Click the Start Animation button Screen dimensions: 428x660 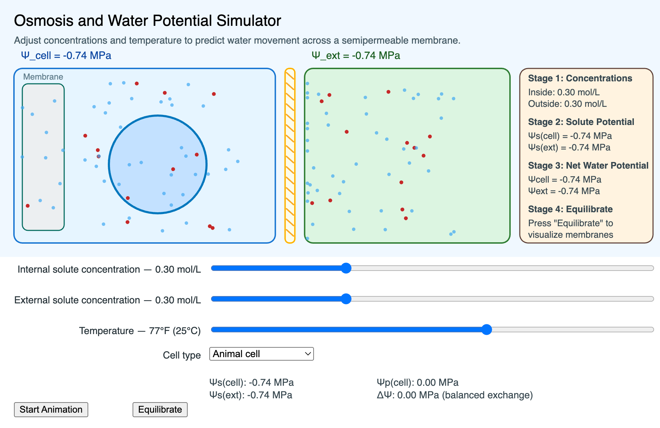(51, 409)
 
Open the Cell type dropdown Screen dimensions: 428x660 (261, 354)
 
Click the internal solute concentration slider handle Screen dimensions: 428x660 (346, 268)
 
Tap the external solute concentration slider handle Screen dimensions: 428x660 (346, 299)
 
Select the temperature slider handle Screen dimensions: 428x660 (487, 330)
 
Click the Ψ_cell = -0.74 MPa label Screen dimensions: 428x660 (66, 56)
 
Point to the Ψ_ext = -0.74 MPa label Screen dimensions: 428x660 (356, 56)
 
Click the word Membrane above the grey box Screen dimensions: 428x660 (43, 77)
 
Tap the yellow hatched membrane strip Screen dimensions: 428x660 (290, 156)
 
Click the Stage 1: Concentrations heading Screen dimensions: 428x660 (580, 78)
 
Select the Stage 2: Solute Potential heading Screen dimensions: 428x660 (581, 122)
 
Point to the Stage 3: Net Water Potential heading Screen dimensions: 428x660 (588, 165)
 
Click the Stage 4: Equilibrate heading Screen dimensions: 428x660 (570, 209)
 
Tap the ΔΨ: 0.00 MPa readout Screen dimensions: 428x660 (455, 395)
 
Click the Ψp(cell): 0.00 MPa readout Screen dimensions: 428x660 (418, 383)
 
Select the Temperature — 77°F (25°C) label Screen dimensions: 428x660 (140, 331)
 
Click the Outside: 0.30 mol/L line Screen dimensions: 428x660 (567, 104)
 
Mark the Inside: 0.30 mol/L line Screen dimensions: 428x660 (564, 92)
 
